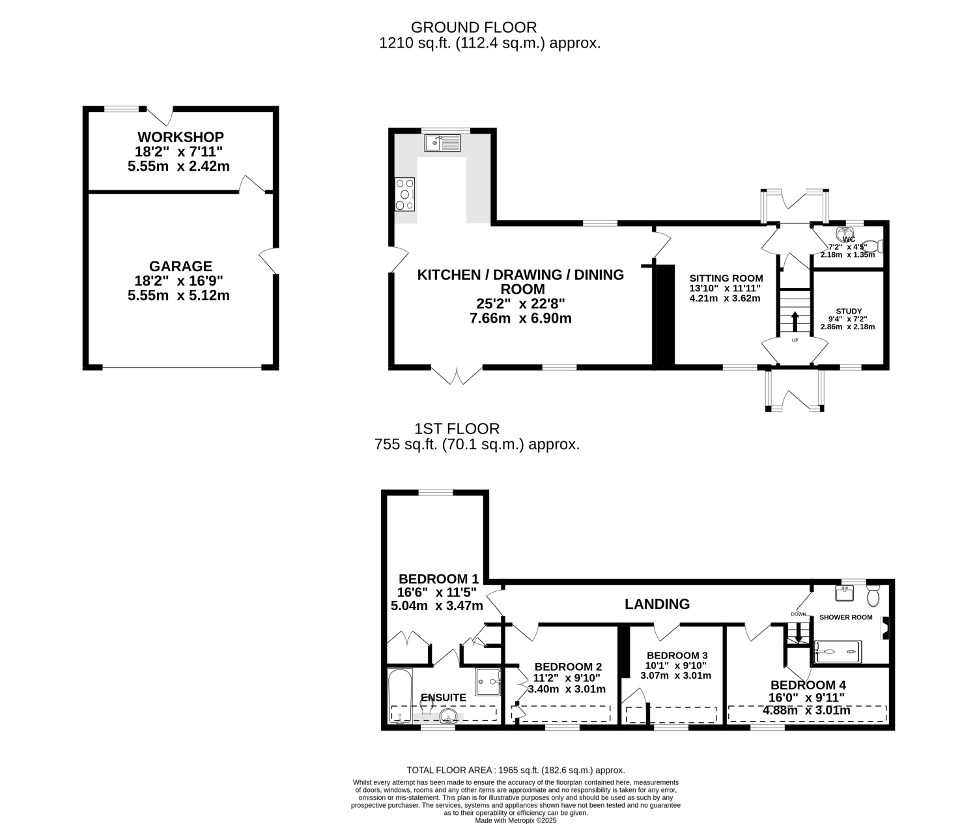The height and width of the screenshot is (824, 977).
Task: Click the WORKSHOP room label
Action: tap(180, 138)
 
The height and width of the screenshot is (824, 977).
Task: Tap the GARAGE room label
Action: tap(180, 266)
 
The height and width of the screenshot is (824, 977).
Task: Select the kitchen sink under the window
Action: tap(442, 143)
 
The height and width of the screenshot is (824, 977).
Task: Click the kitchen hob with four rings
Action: tap(404, 194)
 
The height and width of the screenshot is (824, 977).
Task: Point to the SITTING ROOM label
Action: tap(726, 278)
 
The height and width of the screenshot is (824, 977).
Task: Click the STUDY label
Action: tap(849, 311)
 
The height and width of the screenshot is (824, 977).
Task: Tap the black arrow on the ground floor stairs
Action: tap(795, 321)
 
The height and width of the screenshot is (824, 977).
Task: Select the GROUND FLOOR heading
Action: tap(474, 27)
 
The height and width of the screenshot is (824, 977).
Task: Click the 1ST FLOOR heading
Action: tap(457, 429)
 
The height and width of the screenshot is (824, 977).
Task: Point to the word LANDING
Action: tap(657, 604)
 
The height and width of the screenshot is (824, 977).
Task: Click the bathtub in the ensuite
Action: tap(401, 696)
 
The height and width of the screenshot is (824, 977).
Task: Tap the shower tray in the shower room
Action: tap(838, 652)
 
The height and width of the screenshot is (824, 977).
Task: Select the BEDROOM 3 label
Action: tap(677, 655)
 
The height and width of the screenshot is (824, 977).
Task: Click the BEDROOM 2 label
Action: tap(568, 667)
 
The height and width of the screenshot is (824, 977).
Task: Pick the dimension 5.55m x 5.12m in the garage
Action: tap(178, 295)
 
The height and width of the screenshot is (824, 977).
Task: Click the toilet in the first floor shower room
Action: tap(873, 595)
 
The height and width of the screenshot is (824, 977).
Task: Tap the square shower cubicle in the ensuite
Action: tap(488, 682)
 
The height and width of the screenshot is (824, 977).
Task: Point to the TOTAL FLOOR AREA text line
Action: tap(516, 770)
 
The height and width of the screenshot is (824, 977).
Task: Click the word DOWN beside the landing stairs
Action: tap(799, 614)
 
